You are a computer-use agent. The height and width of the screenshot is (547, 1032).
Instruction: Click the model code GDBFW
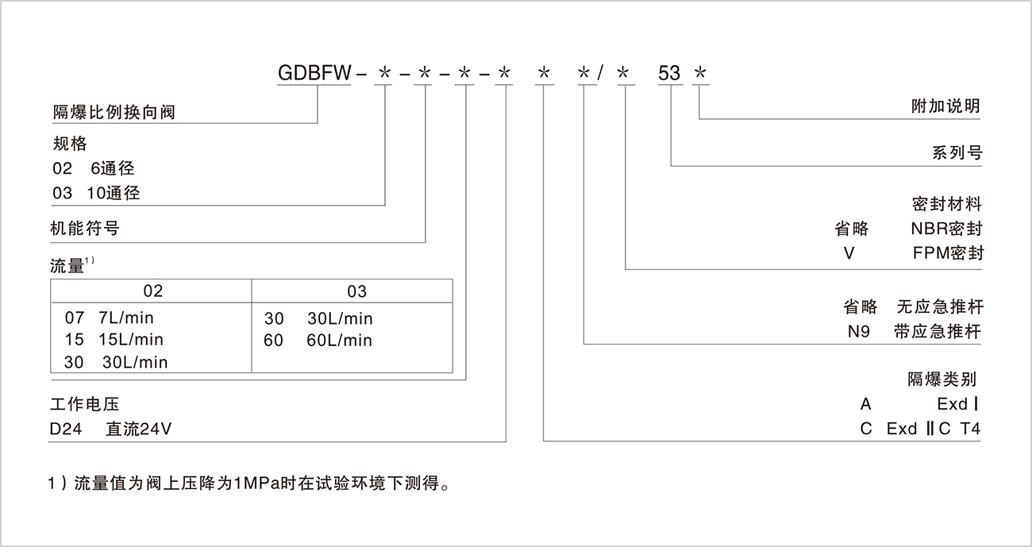[314, 73]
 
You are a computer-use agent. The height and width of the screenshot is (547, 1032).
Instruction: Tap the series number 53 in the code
[670, 73]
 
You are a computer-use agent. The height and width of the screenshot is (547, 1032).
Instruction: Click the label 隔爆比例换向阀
[114, 112]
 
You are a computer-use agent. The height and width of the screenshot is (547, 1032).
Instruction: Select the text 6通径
[114, 168]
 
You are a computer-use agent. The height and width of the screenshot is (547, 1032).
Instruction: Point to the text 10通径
[114, 193]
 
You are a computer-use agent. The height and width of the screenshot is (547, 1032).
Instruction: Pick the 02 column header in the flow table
[152, 291]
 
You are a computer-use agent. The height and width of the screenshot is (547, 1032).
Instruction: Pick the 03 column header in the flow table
[357, 291]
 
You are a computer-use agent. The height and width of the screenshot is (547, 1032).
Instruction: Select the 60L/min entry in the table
[341, 340]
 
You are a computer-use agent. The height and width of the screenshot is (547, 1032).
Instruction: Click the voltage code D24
[66, 429]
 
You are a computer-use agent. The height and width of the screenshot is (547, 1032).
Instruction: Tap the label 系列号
[957, 152]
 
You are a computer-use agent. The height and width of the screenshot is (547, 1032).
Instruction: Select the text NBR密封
[947, 229]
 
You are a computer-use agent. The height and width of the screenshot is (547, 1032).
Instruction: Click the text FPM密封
[948, 253]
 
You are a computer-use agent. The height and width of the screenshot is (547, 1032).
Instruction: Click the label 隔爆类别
[942, 379]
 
